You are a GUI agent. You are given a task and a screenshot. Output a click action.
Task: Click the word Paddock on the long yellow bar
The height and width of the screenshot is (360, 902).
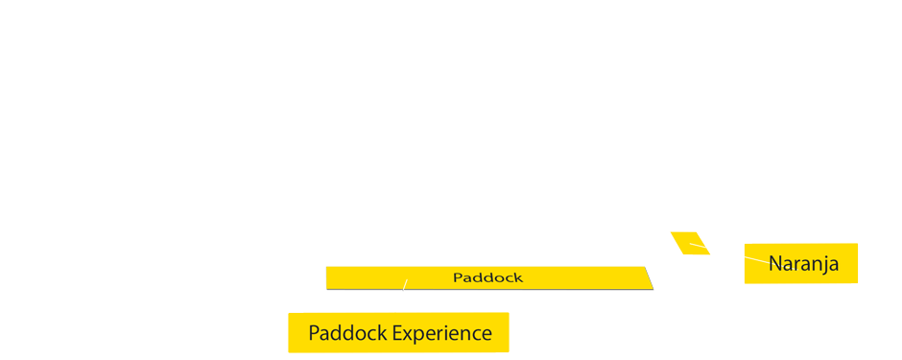(487, 277)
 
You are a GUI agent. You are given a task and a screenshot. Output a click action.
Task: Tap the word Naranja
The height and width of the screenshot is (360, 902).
(803, 263)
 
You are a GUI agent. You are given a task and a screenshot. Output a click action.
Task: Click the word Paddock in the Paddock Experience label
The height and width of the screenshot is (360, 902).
(347, 334)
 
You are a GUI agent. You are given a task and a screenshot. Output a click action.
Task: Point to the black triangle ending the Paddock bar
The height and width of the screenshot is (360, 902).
(650, 277)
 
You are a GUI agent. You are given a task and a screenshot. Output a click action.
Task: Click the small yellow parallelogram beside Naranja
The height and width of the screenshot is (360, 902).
(689, 243)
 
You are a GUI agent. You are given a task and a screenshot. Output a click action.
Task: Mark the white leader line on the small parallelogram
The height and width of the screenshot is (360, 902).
(699, 247)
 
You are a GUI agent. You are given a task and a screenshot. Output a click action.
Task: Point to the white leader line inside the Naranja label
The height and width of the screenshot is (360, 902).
(756, 257)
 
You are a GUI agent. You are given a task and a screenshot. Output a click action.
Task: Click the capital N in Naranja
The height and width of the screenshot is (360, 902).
(775, 263)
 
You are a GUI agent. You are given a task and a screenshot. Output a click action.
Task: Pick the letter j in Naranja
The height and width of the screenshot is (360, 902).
(821, 264)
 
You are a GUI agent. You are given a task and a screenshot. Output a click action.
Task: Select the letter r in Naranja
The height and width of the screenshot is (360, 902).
(797, 264)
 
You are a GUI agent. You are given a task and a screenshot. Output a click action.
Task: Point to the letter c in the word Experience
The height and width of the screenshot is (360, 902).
(476, 335)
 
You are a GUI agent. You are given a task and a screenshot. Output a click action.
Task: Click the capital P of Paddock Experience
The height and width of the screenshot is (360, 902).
(314, 334)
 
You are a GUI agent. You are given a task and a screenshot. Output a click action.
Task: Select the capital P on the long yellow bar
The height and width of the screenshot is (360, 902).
(458, 277)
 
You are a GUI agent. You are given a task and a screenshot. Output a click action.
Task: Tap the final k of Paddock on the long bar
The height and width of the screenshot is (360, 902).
(518, 277)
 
